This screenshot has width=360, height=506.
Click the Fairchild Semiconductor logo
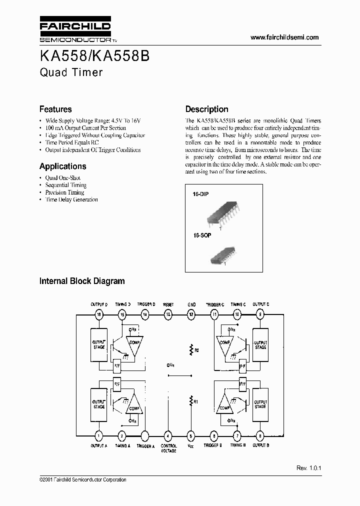pos(75,31)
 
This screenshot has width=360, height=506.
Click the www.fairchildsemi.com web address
pos(284,37)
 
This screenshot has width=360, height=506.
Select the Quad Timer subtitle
pos(71,72)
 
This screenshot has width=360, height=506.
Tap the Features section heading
pos(55,109)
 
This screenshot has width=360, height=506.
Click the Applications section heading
pos(63,166)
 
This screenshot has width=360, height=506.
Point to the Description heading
pos(207,109)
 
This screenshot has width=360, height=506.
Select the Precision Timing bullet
pos(64,192)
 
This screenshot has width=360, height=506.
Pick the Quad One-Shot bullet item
pos(62,178)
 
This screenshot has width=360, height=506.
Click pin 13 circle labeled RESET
pos(168,314)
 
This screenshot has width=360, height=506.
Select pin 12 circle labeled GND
pos(191,314)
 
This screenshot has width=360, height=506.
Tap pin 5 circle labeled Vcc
pos(190,435)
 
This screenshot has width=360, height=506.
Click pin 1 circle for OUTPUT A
pos(99,435)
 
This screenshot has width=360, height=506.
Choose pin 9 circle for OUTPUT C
pos(260,314)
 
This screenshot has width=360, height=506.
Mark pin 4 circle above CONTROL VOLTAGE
pos(168,435)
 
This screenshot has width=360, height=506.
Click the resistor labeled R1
pos(190,400)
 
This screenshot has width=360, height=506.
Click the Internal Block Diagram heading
pos(82,281)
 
